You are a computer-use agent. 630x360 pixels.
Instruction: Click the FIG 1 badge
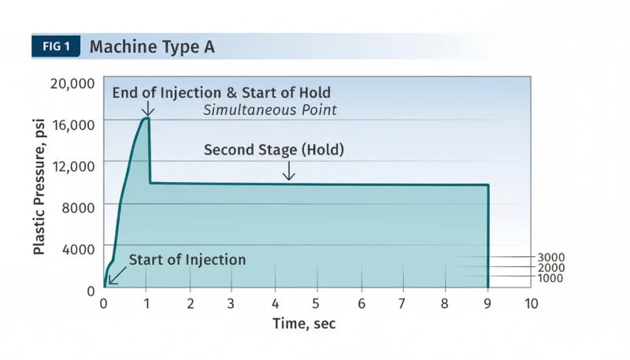(x=56, y=46)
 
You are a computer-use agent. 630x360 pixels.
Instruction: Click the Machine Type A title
(x=152, y=46)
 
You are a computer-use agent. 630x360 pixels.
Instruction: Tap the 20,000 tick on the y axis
(x=72, y=83)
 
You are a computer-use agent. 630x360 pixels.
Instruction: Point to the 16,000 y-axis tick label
(x=72, y=124)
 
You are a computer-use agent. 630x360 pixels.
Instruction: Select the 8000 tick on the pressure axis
(x=79, y=206)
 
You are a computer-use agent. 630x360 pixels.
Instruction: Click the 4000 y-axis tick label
(x=79, y=248)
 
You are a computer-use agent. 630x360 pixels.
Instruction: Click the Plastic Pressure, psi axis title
(x=39, y=186)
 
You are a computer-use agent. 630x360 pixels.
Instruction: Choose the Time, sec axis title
(x=305, y=323)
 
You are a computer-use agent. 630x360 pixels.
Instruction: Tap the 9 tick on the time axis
(x=488, y=303)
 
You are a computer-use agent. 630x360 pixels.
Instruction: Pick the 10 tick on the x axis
(x=532, y=303)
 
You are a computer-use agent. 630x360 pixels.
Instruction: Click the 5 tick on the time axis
(x=317, y=303)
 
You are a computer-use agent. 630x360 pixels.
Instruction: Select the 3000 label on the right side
(x=551, y=258)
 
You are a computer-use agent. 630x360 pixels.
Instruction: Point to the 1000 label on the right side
(x=551, y=278)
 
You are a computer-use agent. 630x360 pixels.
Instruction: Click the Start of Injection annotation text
(x=187, y=260)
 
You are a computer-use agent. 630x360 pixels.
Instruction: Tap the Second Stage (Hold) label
(x=274, y=150)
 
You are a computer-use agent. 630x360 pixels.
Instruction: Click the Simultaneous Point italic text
(x=270, y=109)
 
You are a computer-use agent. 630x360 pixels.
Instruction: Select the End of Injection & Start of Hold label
(x=221, y=93)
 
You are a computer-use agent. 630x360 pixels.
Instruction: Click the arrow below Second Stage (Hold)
(x=289, y=171)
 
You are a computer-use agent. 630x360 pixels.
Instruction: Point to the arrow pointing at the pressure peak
(x=146, y=109)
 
